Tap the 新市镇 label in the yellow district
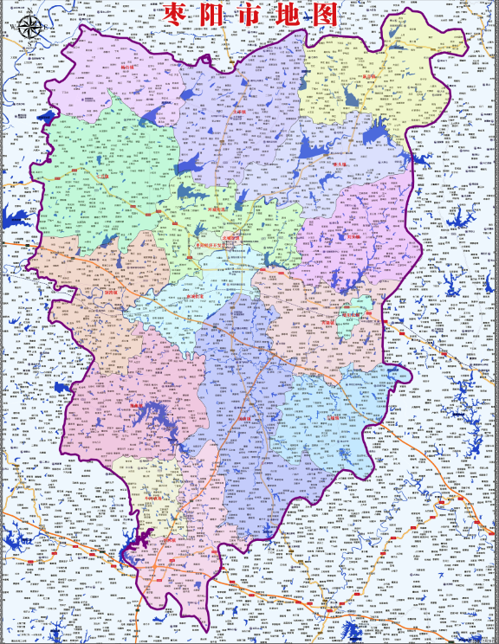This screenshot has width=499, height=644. tap(372, 76)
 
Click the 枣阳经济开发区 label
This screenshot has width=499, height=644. tap(213, 245)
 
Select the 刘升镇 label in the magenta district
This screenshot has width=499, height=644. tap(352, 235)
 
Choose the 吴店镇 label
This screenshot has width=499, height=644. tap(245, 419)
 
